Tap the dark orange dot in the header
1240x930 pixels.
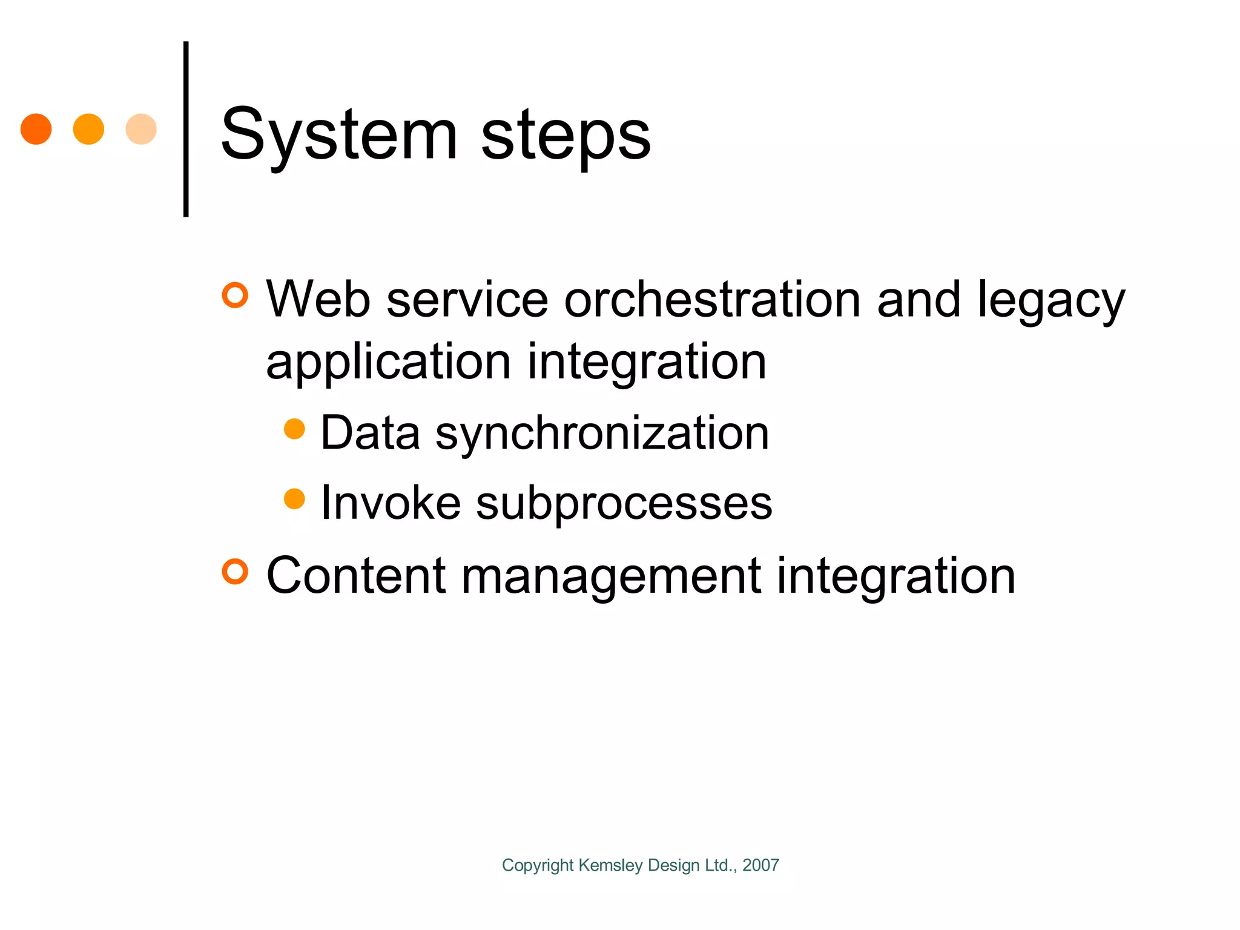[36, 129]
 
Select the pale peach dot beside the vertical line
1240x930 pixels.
[141, 129]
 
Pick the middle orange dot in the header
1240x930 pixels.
[88, 129]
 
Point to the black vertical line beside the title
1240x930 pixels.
[186, 129]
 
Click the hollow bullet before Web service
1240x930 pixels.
[235, 295]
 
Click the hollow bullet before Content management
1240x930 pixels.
[235, 572]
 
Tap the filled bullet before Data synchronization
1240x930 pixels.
[294, 429]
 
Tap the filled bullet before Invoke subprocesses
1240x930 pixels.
[294, 499]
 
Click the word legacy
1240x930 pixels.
[1051, 300]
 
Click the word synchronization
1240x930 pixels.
[602, 434]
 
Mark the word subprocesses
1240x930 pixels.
[624, 504]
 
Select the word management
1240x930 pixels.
[611, 576]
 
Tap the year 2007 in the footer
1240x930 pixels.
[760, 865]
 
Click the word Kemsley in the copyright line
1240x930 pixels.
[610, 865]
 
